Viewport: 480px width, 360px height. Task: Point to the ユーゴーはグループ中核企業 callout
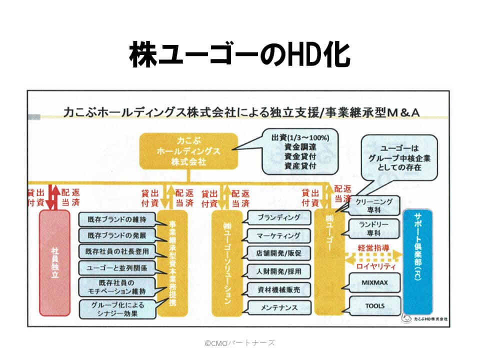click(400, 158)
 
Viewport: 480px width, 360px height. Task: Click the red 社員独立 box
click(54, 262)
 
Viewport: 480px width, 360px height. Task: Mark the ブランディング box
click(278, 218)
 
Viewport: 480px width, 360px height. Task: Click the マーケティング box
click(278, 235)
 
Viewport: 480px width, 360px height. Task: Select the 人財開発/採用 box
click(278, 271)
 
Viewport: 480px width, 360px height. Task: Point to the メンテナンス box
click(278, 306)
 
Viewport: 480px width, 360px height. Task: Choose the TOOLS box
click(374, 305)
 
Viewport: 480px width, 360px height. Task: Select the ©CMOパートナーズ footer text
click(239, 342)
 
